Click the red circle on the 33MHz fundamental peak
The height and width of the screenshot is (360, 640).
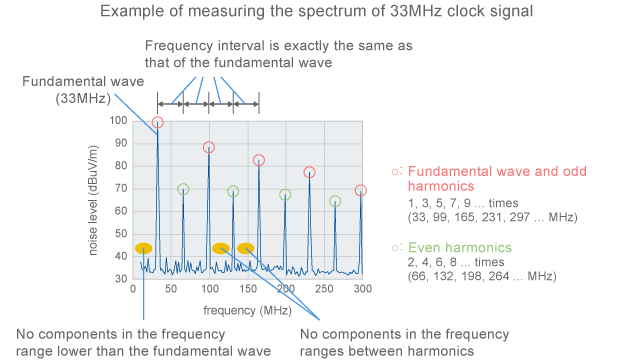pos(158,124)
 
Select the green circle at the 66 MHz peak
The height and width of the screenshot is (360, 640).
pos(183,189)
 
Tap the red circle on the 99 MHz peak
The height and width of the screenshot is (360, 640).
pos(209,147)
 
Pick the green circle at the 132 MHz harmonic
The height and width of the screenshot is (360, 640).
pos(233,191)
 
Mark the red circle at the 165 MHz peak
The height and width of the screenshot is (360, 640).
pos(259,160)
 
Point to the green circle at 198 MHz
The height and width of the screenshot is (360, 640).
pos(285,195)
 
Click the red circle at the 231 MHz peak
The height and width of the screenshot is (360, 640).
pos(310,172)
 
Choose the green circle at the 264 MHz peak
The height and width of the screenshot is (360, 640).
pos(335,201)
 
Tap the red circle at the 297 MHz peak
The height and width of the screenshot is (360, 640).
pos(360,190)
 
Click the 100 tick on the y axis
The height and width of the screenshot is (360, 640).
pos(120,121)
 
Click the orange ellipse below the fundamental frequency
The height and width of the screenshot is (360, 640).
pos(144,248)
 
